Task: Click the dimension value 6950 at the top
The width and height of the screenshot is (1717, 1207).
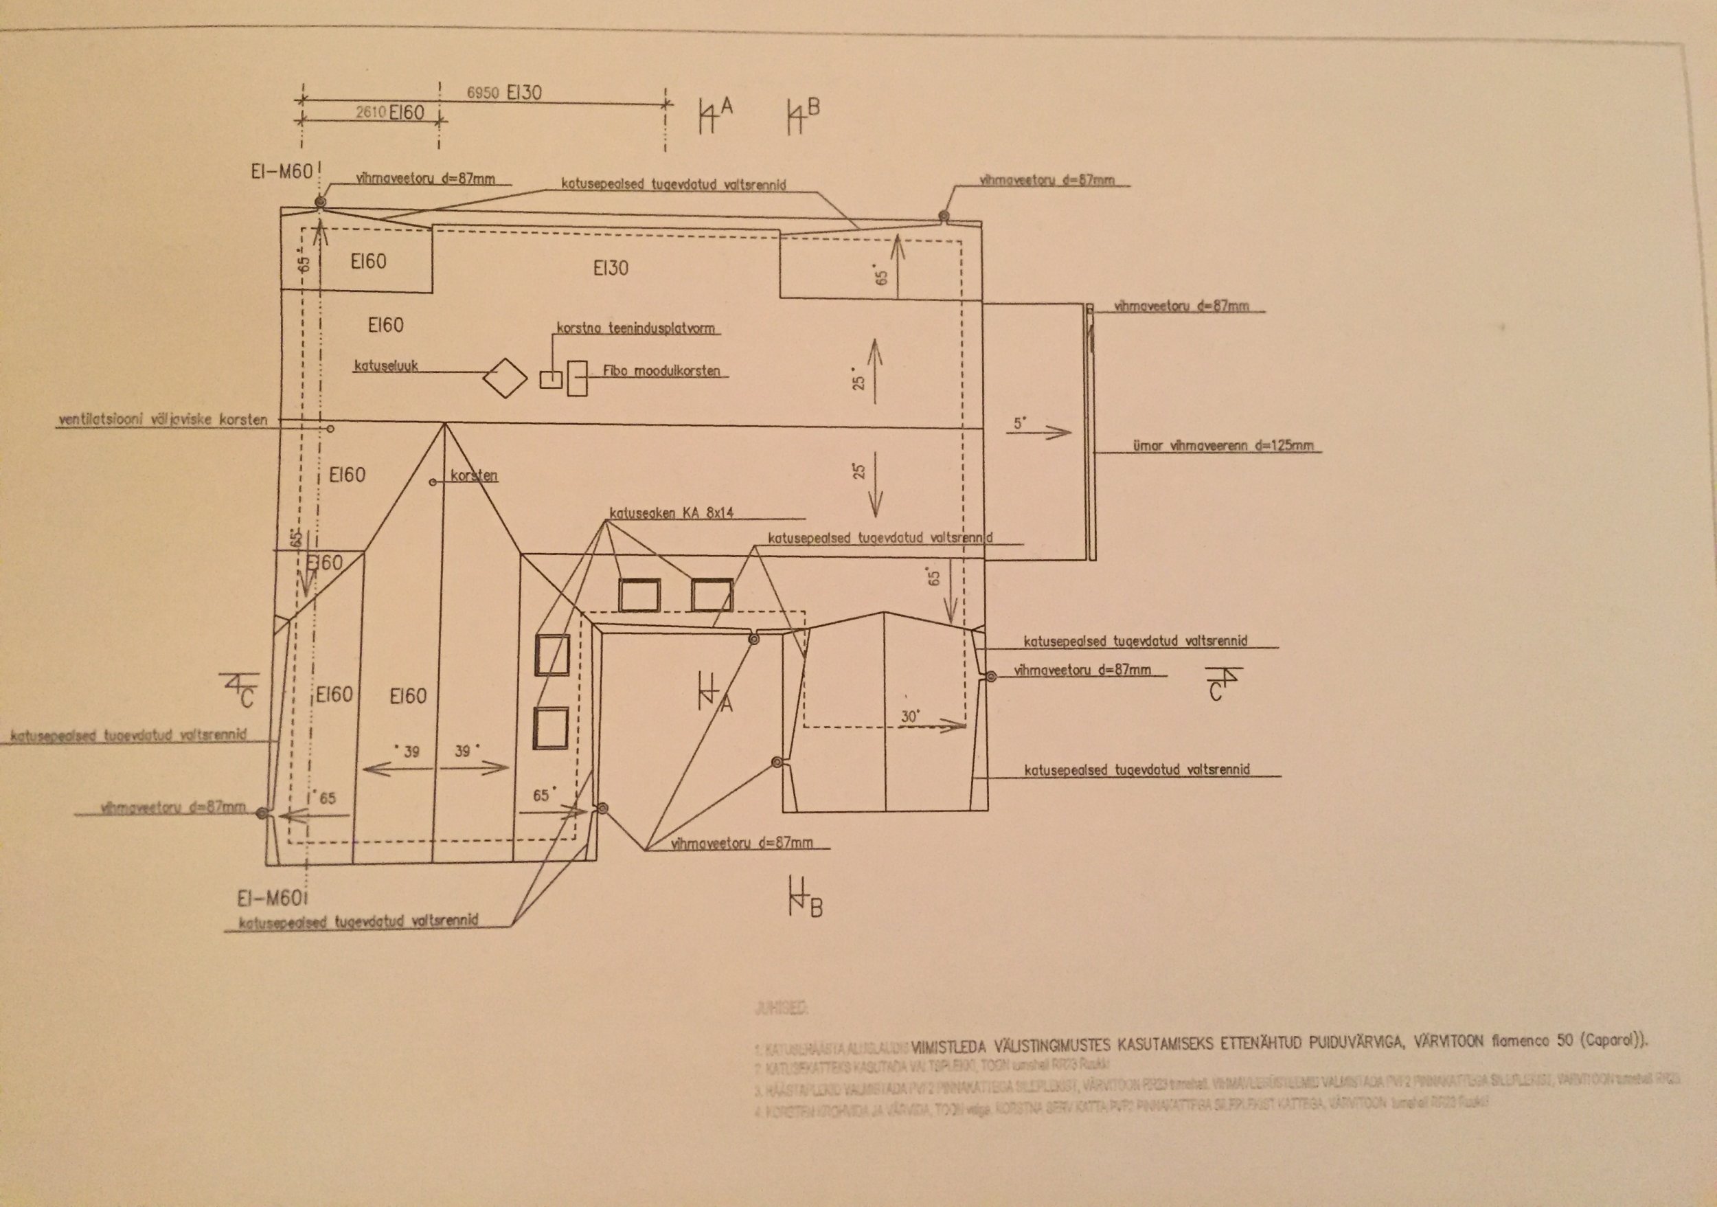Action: point(482,93)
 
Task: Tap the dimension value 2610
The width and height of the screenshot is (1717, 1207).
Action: point(370,113)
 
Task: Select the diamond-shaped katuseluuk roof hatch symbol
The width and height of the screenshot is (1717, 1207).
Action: point(505,379)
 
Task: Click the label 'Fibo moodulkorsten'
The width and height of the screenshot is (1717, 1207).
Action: point(661,371)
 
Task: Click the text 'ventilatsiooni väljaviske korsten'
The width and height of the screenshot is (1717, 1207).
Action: point(162,420)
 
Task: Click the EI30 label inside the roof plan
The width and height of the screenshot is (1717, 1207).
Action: point(611,269)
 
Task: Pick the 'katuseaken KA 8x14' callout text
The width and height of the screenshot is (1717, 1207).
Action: point(672,513)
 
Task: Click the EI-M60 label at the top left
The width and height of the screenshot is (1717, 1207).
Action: point(281,172)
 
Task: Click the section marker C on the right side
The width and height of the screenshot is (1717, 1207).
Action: point(1215,692)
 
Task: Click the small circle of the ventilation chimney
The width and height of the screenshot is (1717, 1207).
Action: point(330,429)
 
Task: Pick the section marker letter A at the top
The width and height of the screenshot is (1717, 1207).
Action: point(725,107)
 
